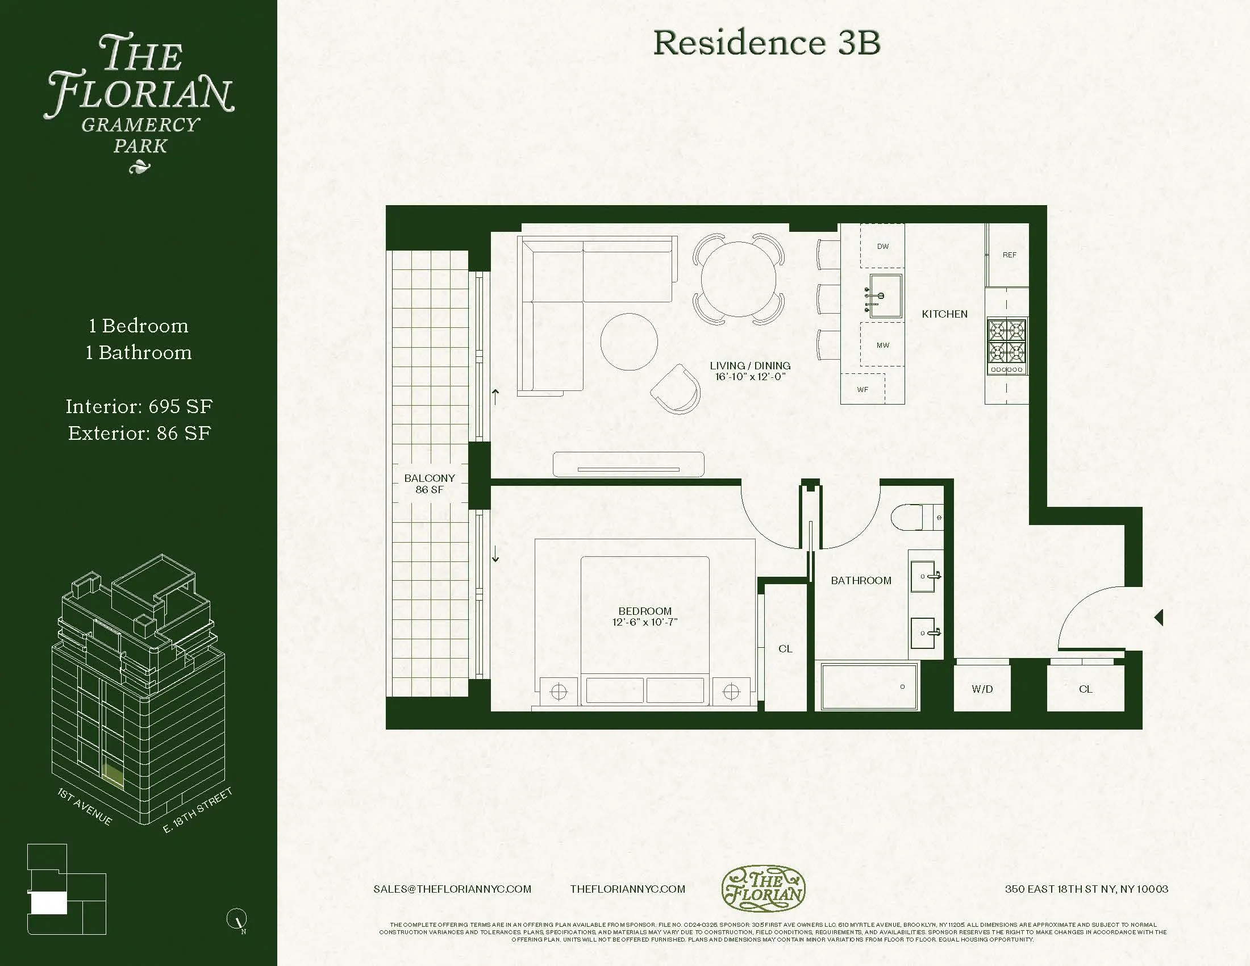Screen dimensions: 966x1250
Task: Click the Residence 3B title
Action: pos(766,43)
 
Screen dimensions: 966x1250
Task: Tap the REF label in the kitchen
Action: pos(1009,255)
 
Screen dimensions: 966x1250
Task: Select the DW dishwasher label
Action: pos(882,246)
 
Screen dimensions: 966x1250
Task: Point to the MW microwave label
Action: pos(882,345)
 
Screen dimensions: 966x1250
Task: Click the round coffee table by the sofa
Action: pos(628,342)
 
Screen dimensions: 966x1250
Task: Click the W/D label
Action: pos(982,689)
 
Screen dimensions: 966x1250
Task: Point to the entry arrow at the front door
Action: pos(1159,618)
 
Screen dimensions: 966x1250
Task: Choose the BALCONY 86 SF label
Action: pos(429,484)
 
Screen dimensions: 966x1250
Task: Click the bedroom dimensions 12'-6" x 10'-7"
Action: pos(644,622)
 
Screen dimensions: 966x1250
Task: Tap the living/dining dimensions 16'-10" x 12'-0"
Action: pos(750,377)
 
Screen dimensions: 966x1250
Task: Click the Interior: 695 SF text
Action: pos(139,406)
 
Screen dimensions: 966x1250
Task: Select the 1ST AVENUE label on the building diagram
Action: pos(85,807)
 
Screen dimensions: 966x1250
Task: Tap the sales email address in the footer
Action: pos(452,889)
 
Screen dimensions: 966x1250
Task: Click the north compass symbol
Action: pos(238,919)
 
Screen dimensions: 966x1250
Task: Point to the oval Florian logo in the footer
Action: pos(763,888)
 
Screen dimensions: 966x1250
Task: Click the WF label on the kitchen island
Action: pos(862,389)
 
